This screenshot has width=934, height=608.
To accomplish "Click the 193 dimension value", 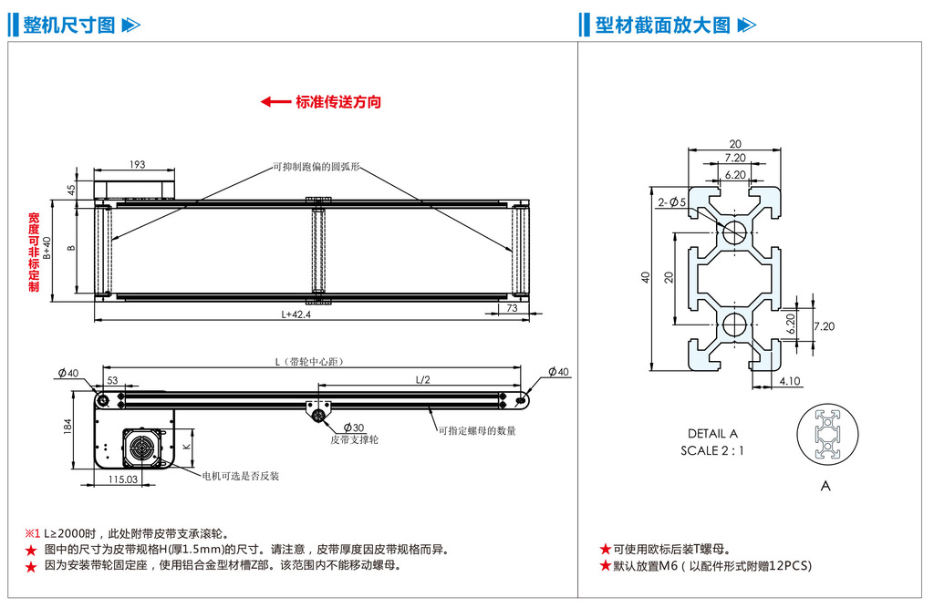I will [x=137, y=165].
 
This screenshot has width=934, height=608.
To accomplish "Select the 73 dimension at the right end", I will [x=511, y=309].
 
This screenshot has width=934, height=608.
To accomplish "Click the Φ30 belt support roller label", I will [x=353, y=428].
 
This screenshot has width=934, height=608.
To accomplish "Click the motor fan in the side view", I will [x=141, y=448].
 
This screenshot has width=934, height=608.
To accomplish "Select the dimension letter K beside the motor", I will [x=186, y=446].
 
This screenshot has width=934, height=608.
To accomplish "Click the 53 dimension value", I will [x=112, y=380].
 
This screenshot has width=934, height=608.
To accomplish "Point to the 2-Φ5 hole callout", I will [x=672, y=201].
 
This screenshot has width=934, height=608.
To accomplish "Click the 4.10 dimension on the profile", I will [x=790, y=381].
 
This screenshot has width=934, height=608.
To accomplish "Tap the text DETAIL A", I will [x=713, y=434].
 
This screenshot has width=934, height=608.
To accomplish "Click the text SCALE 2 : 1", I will [x=712, y=450].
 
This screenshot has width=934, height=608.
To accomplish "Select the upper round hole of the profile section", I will [x=735, y=231].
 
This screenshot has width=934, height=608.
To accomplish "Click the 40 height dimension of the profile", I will [x=646, y=277].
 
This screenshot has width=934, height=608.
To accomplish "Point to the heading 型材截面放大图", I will [x=663, y=25].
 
